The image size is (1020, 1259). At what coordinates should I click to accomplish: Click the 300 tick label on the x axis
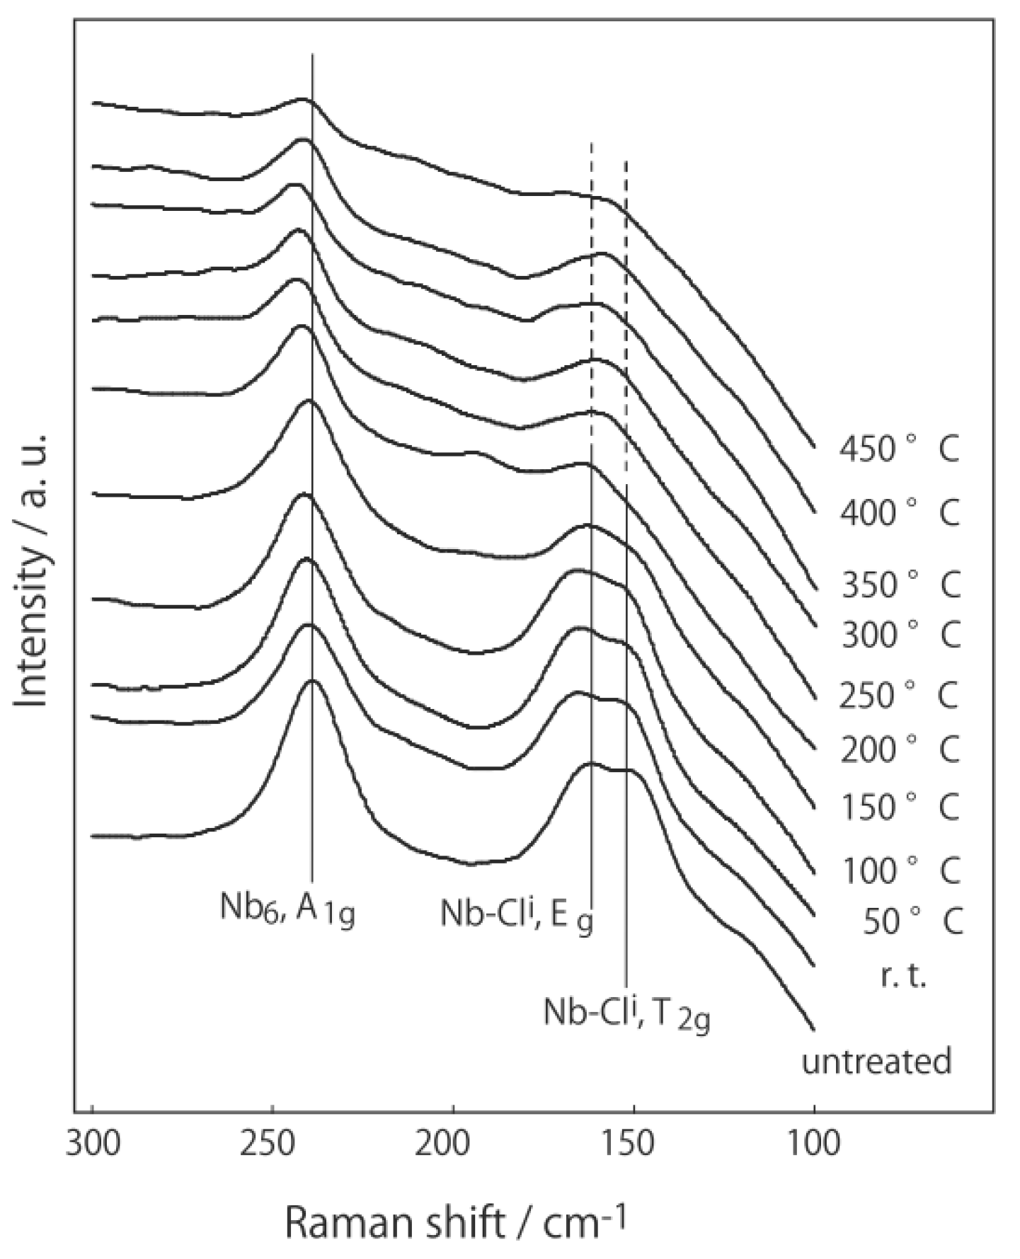point(92,1142)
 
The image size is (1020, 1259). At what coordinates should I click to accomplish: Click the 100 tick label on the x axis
point(813,1142)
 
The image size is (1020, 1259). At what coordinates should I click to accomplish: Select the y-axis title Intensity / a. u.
point(32,570)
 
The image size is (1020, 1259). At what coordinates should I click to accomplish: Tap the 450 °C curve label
point(899,449)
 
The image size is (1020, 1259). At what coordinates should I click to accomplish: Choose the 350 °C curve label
point(900,585)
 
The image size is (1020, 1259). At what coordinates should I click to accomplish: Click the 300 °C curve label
point(900,635)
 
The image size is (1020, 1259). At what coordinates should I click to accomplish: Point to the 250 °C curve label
point(899,696)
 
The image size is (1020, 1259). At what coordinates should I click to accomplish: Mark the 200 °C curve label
point(899,749)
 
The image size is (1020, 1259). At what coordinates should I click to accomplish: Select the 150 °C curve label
point(899,807)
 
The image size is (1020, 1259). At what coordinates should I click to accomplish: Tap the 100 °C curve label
point(900,870)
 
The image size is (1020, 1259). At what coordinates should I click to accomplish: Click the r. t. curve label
point(903,977)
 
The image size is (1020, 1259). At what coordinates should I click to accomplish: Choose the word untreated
point(876,1062)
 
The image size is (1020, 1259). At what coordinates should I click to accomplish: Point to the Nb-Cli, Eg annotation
point(517,914)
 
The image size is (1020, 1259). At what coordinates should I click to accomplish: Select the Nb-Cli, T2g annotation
point(626,1015)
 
